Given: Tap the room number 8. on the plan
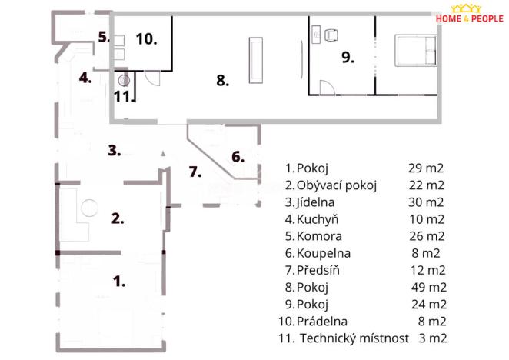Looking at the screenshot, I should pyautogui.click(x=223, y=79).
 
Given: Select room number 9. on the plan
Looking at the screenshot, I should pyautogui.click(x=348, y=58).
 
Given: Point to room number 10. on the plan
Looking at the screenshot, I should pyautogui.click(x=147, y=38).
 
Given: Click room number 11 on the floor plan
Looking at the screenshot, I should pyautogui.click(x=121, y=96).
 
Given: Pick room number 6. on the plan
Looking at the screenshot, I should pyautogui.click(x=238, y=156).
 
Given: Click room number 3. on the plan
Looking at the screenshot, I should pyautogui.click(x=115, y=150).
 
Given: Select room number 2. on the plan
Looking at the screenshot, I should pyautogui.click(x=118, y=218).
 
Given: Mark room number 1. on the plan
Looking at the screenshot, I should pyautogui.click(x=119, y=281).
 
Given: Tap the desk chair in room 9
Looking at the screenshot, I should pyautogui.click(x=332, y=35).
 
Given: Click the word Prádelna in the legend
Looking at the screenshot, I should pyautogui.click(x=323, y=321).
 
